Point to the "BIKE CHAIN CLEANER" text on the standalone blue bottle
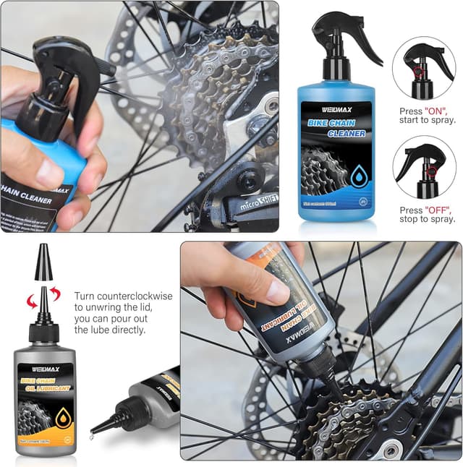coord(336,129)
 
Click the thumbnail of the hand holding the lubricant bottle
coord(320,351)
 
